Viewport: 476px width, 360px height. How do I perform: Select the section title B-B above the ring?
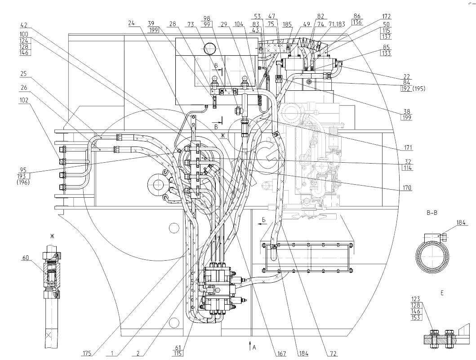(432, 213)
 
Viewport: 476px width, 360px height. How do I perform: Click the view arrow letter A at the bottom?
(254, 347)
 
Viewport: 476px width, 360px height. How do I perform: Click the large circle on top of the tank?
(209, 47)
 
